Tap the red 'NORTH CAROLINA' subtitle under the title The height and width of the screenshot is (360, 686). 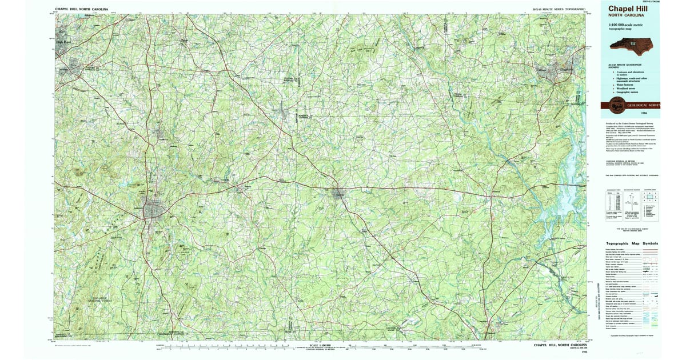[x=623, y=16]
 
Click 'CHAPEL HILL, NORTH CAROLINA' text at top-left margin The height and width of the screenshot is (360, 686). [x=81, y=10]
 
